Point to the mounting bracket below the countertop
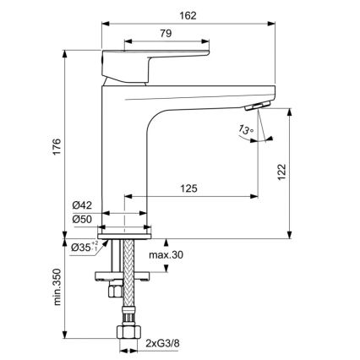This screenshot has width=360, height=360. tap(127, 274)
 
